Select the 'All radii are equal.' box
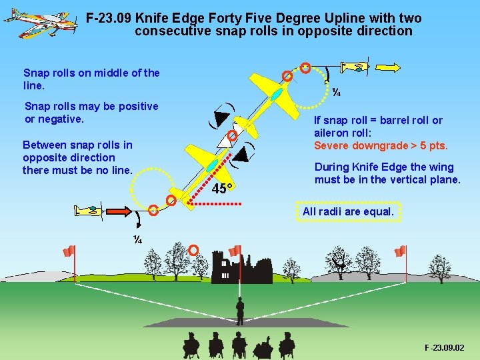tap(348, 212)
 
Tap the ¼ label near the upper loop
tap(337, 93)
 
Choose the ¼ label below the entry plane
tap(137, 239)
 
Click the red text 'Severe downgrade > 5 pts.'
tap(381, 146)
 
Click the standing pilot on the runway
tap(240, 310)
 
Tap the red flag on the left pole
tap(68, 251)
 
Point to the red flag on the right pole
tap(400, 251)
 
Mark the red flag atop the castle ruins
tap(234, 251)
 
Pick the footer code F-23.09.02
tap(444, 348)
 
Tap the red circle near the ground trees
tap(193, 250)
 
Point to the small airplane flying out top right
tap(355, 66)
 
